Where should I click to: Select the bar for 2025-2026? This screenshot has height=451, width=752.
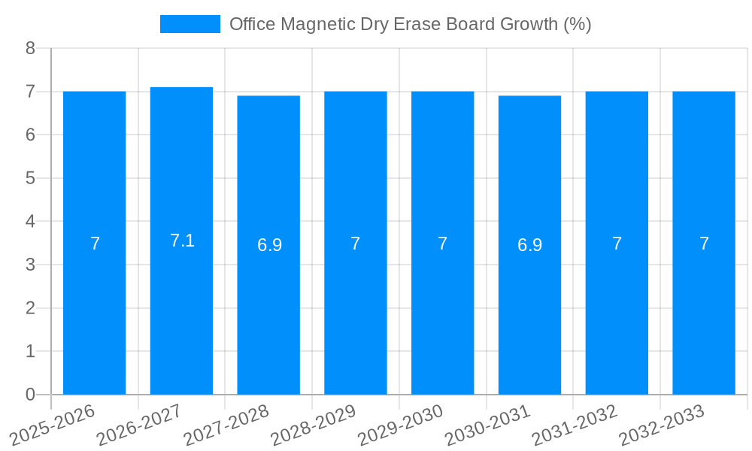tap(94, 316)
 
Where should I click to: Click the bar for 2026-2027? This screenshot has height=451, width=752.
tap(181, 316)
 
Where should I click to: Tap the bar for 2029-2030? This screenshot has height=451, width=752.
tap(442, 316)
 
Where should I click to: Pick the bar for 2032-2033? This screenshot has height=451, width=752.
tap(704, 316)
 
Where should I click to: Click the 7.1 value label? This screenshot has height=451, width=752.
tap(182, 241)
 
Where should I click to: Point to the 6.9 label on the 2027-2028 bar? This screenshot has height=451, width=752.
tap(269, 245)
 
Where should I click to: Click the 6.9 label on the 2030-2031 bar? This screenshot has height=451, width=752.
tap(529, 245)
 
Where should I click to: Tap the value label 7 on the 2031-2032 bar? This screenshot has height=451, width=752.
tap(617, 244)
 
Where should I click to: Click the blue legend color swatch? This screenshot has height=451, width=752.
tap(190, 24)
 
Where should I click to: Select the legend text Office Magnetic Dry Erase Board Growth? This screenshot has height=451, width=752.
tap(410, 24)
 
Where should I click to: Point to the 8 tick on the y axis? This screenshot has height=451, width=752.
tap(30, 48)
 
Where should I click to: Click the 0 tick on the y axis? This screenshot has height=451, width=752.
tap(30, 395)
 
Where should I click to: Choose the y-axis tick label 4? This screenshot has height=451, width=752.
tap(30, 222)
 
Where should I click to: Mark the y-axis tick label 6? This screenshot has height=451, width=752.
tap(30, 135)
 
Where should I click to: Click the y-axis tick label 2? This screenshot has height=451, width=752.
tap(30, 308)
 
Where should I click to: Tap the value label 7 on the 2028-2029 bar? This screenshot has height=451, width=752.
tap(356, 244)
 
